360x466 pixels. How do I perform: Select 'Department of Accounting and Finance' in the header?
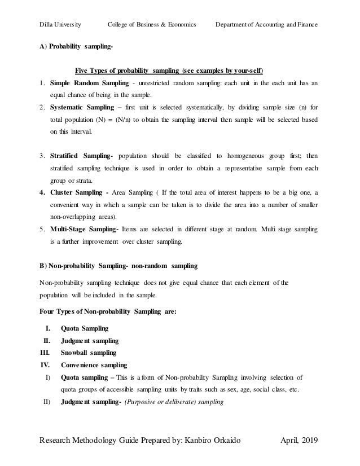click(x=267, y=25)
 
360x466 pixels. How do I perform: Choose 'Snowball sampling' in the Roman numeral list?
click(x=89, y=353)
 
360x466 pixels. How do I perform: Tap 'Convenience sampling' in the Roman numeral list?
click(x=94, y=365)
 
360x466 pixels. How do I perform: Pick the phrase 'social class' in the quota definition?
click(x=258, y=389)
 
